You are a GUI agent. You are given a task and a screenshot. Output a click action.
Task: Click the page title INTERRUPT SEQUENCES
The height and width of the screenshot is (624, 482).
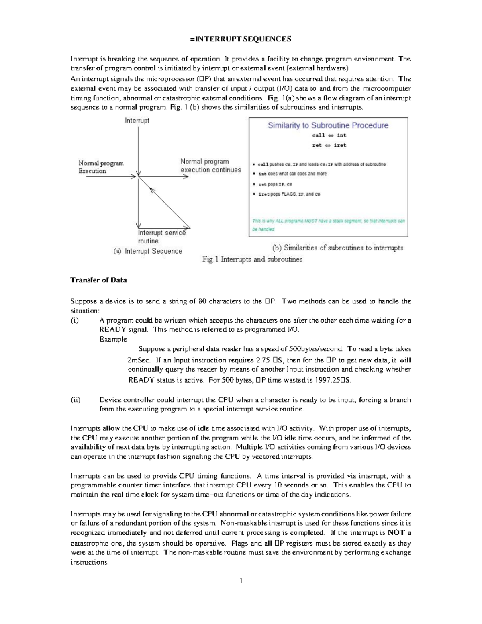pos(241,39)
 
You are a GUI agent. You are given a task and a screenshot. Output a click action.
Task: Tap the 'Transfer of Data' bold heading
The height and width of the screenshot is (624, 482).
pos(98,280)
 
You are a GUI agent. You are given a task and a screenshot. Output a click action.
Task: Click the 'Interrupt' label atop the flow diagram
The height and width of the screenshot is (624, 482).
pos(137,121)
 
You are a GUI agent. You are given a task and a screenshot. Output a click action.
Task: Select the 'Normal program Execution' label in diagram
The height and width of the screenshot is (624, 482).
pos(101,167)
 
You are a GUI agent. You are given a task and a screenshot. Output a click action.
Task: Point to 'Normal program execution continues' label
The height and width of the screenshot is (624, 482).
pos(210,166)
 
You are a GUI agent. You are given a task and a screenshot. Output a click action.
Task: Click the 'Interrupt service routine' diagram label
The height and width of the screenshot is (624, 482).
pos(161,237)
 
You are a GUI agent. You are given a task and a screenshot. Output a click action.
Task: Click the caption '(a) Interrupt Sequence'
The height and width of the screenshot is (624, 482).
pos(148,251)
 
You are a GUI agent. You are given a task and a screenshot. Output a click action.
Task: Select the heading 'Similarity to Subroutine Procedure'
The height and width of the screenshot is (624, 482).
pos(328,125)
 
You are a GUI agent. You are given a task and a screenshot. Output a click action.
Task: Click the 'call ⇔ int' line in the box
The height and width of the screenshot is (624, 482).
pos(329,135)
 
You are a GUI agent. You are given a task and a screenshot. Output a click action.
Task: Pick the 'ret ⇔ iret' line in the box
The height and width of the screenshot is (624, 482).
pos(329,145)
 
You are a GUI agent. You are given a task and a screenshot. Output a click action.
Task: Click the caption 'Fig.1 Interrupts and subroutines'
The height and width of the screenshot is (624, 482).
pos(252,260)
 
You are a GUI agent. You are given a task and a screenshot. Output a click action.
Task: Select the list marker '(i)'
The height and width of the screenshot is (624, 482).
pos(75,321)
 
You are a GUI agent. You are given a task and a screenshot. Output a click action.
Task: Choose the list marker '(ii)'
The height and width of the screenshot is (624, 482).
pos(76,400)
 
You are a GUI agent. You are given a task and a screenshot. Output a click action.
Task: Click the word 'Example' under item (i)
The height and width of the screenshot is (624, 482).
pos(113,339)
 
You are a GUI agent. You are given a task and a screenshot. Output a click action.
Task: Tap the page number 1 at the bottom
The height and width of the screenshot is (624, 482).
pos(241,581)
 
